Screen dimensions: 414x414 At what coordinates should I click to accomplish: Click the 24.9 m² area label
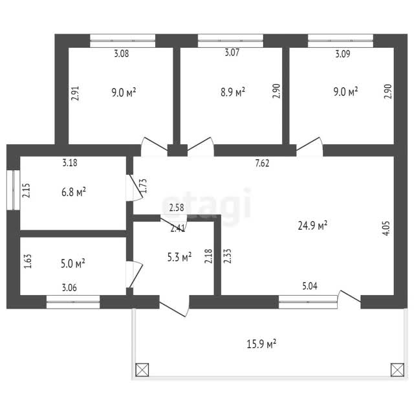pos(312,226)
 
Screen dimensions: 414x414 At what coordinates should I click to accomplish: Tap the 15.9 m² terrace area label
pos(261,344)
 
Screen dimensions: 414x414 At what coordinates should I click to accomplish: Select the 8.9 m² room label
pos(233,92)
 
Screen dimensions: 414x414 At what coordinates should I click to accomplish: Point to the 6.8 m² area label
pos(74,192)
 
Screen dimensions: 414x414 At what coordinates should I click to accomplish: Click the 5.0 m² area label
pos(73,263)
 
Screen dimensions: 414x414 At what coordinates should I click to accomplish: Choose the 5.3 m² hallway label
pos(180,257)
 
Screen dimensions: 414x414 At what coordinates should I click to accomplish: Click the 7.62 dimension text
pos(262,163)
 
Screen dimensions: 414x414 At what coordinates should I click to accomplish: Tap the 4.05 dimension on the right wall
pos(386,228)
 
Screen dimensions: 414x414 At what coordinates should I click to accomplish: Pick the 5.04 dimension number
pos(310,286)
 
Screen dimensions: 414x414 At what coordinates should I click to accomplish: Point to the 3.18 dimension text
pos(70,162)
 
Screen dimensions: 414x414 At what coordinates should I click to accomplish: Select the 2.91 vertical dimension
pos(75,93)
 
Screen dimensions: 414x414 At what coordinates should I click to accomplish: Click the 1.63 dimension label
pos(28,261)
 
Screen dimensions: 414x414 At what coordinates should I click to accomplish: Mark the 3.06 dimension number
pos(69,287)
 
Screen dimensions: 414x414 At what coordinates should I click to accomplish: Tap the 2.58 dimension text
pos(177,208)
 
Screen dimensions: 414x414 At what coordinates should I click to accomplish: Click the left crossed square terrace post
pos(142,369)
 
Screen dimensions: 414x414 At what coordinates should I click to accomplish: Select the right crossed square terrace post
pos(397,369)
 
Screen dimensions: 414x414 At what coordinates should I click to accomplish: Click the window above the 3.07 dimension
pos(230,41)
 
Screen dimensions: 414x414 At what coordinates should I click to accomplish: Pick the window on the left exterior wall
pos(13,190)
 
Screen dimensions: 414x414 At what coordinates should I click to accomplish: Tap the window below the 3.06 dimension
pos(73,302)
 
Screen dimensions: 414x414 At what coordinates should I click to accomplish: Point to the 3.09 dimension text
pos(343,54)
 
